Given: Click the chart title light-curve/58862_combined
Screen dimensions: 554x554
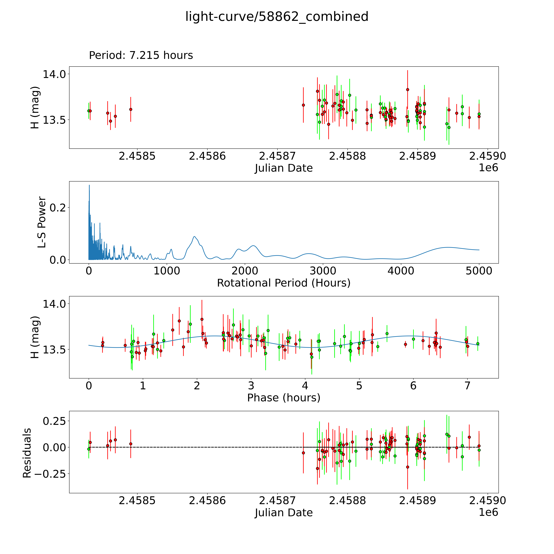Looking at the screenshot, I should pos(277,17).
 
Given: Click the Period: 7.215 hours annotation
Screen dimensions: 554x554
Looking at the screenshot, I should pos(141,55).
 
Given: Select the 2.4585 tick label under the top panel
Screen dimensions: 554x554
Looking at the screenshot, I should pos(137,156).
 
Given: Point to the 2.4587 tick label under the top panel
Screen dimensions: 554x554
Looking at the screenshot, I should pos(277,156).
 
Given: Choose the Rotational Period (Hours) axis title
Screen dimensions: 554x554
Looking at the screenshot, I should pos(284,283).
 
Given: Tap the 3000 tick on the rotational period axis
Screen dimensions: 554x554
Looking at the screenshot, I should pos(323,271).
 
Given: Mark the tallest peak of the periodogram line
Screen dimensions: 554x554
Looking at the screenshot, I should pos(89,185).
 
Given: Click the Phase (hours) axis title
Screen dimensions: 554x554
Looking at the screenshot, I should pos(284,398).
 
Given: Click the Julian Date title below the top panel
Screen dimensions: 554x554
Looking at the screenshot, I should pos(284,168).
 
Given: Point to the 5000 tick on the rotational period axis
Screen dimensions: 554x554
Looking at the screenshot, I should pos(479,271).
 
